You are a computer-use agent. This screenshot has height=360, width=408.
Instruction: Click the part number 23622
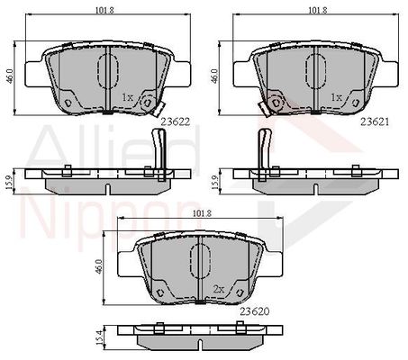176,121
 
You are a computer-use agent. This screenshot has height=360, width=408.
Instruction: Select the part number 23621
375,121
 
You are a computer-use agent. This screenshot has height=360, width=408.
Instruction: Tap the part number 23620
255,311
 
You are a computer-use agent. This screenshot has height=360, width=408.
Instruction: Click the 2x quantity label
219,289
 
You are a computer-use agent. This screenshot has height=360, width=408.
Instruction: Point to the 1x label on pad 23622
127,97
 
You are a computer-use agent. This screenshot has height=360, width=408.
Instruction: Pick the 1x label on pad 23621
336,97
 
